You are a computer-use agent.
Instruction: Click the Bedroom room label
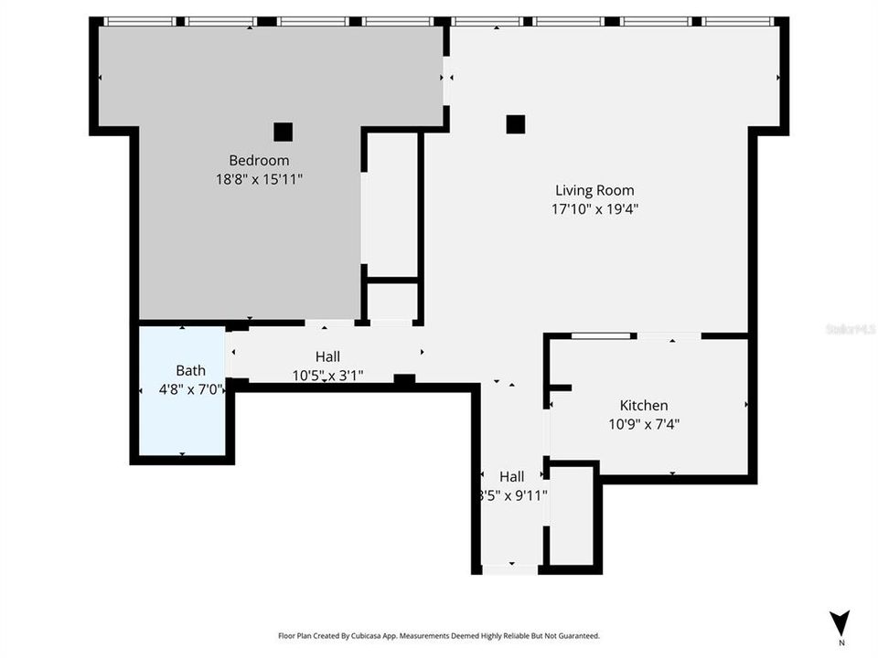click(x=259, y=161)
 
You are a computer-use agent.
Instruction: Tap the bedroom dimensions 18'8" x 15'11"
click(x=259, y=180)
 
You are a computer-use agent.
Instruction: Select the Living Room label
click(x=594, y=190)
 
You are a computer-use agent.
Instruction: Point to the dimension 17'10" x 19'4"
click(x=594, y=209)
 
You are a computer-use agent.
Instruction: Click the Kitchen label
click(x=644, y=405)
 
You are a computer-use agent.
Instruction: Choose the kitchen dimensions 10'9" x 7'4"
click(x=644, y=424)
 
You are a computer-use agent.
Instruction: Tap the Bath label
click(x=190, y=370)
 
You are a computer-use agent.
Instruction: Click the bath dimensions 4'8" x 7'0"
click(x=190, y=388)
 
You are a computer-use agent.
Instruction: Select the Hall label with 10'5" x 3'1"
click(x=328, y=356)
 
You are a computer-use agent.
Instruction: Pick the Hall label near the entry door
click(x=511, y=476)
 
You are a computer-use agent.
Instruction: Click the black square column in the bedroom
click(x=283, y=132)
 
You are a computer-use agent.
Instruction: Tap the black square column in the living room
click(x=516, y=123)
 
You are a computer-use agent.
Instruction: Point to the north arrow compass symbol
click(x=840, y=619)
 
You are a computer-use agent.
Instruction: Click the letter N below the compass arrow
click(x=840, y=641)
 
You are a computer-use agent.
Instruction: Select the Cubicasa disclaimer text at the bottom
click(x=439, y=635)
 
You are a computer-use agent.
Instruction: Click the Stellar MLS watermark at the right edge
click(x=851, y=327)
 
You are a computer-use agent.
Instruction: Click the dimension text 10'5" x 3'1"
click(x=328, y=375)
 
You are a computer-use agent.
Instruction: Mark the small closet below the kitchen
click(x=571, y=516)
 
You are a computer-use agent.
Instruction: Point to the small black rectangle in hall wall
click(x=403, y=378)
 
